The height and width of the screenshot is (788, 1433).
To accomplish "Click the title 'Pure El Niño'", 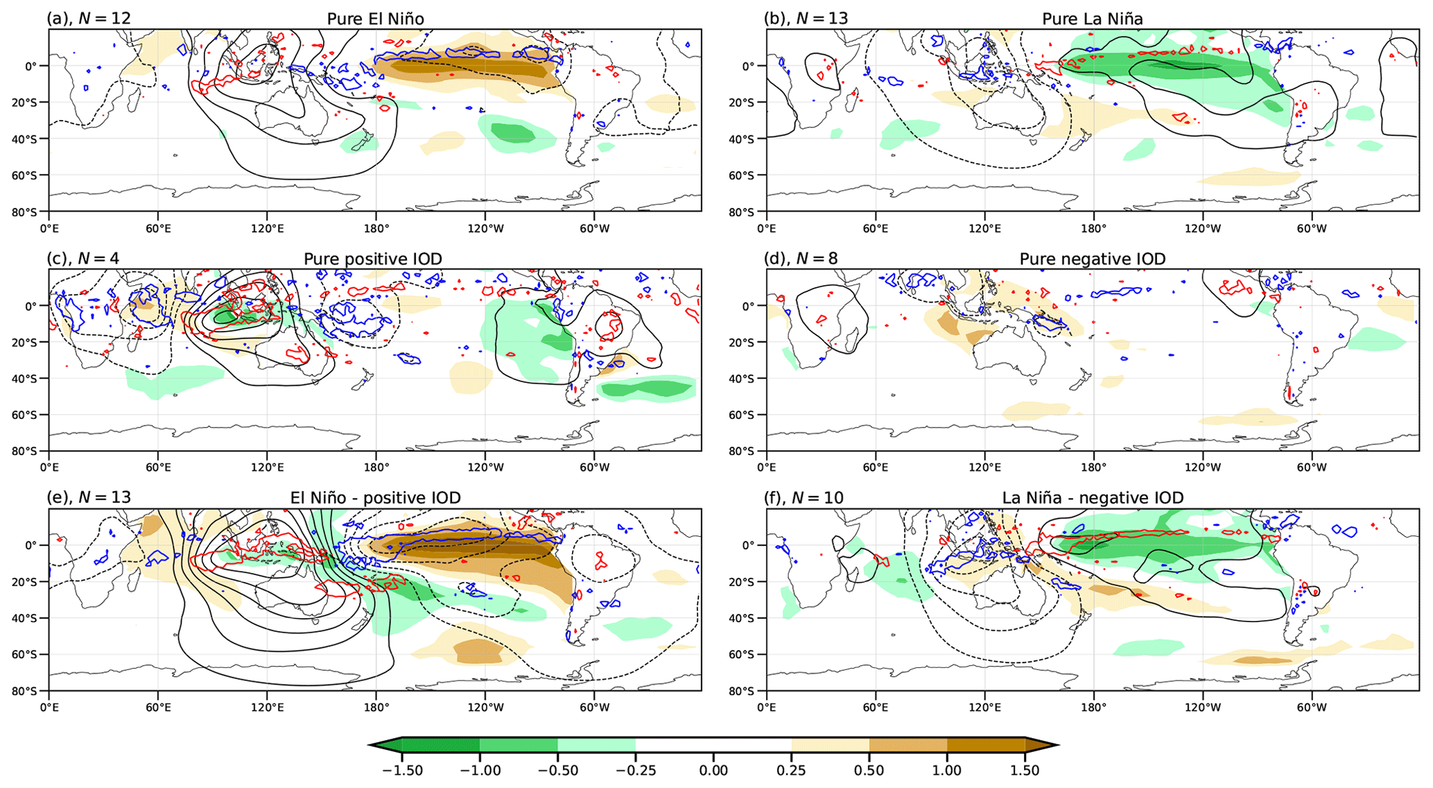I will click(375, 19).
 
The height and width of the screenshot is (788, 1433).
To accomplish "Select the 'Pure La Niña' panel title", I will click(1092, 19).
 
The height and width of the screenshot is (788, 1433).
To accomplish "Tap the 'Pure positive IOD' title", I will click(373, 259).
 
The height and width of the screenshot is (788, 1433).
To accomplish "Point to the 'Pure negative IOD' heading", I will click(1092, 259).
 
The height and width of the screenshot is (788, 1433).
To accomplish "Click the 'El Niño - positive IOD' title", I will click(375, 497).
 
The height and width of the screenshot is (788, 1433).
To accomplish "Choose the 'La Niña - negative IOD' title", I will click(1093, 497).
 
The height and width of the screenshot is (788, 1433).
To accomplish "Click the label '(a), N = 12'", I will click(89, 19).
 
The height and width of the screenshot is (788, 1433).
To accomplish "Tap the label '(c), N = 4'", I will click(82, 259).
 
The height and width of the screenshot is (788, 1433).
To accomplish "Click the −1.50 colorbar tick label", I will click(403, 771).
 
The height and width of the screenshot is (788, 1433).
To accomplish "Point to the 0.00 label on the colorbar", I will click(713, 771).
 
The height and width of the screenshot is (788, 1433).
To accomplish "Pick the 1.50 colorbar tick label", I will click(1025, 771).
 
